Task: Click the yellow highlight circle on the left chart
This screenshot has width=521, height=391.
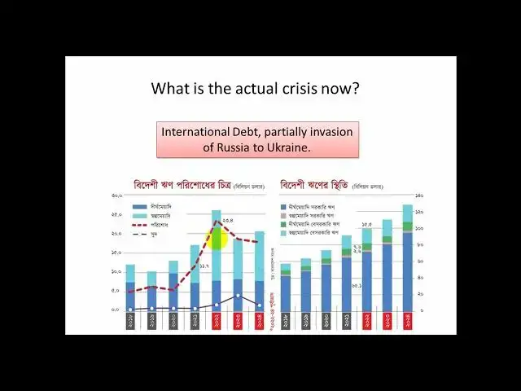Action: point(218,238)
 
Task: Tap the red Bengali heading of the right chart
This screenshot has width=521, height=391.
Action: point(313,185)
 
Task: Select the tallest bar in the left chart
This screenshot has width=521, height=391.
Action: point(217,261)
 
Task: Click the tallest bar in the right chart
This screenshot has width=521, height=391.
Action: point(407,261)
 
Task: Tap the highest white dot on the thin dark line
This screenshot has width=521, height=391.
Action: point(238,296)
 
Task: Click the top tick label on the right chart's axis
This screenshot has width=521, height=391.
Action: point(420,196)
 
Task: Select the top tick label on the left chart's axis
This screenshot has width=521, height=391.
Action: point(116,196)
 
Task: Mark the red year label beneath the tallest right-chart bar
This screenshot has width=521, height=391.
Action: point(407,320)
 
